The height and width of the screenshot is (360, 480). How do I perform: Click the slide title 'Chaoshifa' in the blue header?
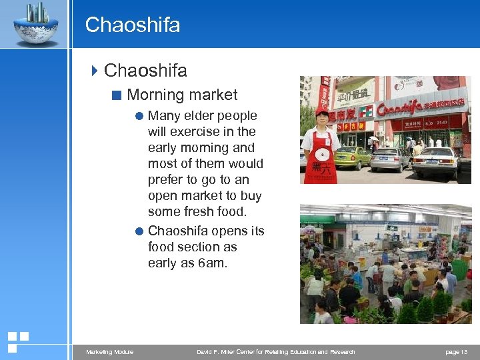[133, 25]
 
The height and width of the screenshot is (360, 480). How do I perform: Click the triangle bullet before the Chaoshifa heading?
[95, 70]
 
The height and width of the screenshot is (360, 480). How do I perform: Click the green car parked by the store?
[351, 157]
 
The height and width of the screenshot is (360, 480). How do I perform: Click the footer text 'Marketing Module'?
[109, 352]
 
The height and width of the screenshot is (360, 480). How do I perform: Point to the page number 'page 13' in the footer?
[457, 352]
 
